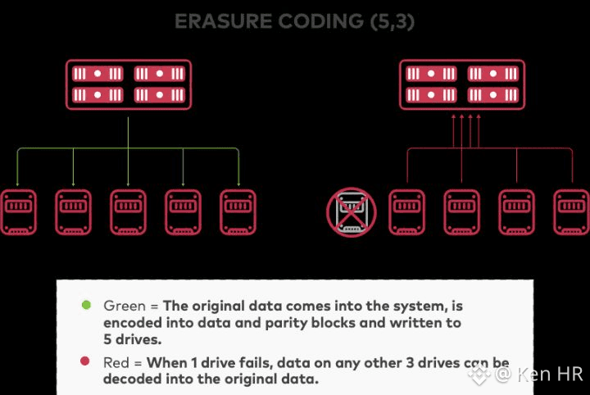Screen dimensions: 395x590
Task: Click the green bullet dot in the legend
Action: pos(85,306)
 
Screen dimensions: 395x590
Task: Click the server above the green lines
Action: pos(129,85)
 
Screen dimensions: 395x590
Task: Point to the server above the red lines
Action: pos(463,85)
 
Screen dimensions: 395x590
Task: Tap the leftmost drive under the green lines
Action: pos(18,213)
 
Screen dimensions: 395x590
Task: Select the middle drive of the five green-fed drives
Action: pos(129,213)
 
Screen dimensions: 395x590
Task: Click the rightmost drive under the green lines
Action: pos(238,213)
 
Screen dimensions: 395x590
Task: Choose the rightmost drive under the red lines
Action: pos(571,213)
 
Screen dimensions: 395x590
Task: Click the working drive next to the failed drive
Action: pos(406,213)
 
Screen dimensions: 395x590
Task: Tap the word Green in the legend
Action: pos(124,306)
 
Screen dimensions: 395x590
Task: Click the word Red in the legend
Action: pos(117,362)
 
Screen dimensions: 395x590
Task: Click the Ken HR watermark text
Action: pos(548,374)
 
